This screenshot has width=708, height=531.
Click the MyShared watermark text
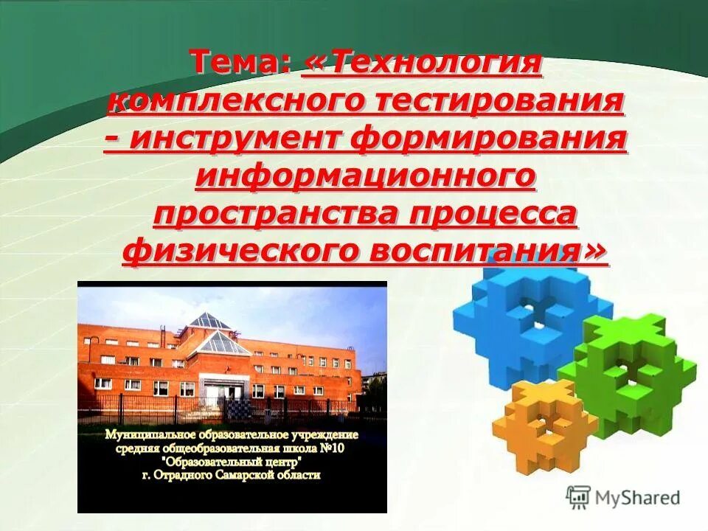click(637, 498)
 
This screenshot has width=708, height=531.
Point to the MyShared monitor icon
click(578, 497)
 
